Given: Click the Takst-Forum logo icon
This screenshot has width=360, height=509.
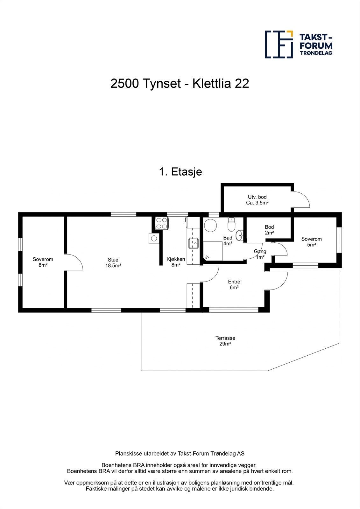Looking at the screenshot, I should pyautogui.click(x=279, y=45).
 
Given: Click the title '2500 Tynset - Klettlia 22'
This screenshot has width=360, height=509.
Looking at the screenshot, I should pyautogui.click(x=180, y=84).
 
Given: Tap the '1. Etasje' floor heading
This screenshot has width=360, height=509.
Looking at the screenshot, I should pyautogui.click(x=180, y=172).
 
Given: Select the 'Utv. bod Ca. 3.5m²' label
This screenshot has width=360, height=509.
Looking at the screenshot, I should pyautogui.click(x=257, y=200).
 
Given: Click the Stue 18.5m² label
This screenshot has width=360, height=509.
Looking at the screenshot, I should pyautogui.click(x=113, y=262).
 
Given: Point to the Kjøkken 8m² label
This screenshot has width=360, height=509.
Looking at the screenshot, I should pyautogui.click(x=176, y=261).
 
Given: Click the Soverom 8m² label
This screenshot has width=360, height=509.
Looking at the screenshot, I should pyautogui.click(x=43, y=262).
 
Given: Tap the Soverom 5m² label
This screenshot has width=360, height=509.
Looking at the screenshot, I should pyautogui.click(x=311, y=241).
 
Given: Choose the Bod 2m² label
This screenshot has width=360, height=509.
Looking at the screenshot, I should pyautogui.click(x=269, y=230).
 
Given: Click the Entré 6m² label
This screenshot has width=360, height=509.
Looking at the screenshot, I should pyautogui.click(x=234, y=284).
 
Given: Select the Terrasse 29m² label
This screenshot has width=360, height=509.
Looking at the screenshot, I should pyautogui.click(x=225, y=341).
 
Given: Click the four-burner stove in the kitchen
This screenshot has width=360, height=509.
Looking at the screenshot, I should pyautogui.click(x=161, y=223).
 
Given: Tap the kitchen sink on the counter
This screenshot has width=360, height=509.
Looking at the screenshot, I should pyautogui.click(x=193, y=243).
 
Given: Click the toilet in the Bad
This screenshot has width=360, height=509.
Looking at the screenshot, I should pyautogui.click(x=231, y=225).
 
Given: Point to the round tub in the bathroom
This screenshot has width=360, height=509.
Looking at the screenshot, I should pyautogui.click(x=210, y=225).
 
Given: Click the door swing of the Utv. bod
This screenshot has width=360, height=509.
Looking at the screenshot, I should pyautogui.click(x=301, y=200).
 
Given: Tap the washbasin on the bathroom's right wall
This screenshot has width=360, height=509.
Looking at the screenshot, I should pyautogui.click(x=239, y=236).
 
